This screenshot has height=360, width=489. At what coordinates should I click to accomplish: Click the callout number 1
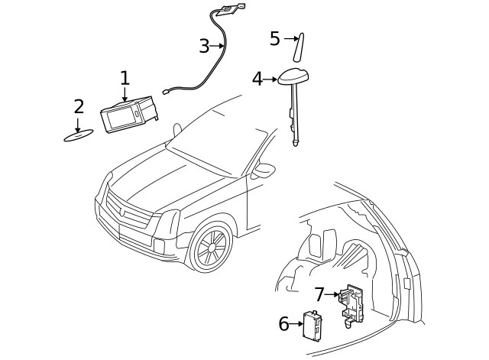tap(125, 78)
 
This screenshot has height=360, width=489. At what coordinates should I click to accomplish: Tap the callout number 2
tap(78, 106)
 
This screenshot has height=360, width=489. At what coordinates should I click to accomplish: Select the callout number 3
tap(203, 47)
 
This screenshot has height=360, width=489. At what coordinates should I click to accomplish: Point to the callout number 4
tap(257, 79)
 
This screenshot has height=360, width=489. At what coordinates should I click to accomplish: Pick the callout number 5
tap(275, 38)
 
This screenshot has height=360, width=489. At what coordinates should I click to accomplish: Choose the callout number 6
tap(283, 324)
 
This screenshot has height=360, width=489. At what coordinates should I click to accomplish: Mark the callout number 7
tap(319, 294)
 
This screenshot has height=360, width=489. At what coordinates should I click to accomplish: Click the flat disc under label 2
tap(78, 137)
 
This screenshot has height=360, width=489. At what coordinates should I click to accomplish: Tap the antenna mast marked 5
tap(300, 47)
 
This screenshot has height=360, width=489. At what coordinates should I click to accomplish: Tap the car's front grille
tap(128, 214)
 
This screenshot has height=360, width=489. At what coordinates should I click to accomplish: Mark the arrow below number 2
tap(78, 124)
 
